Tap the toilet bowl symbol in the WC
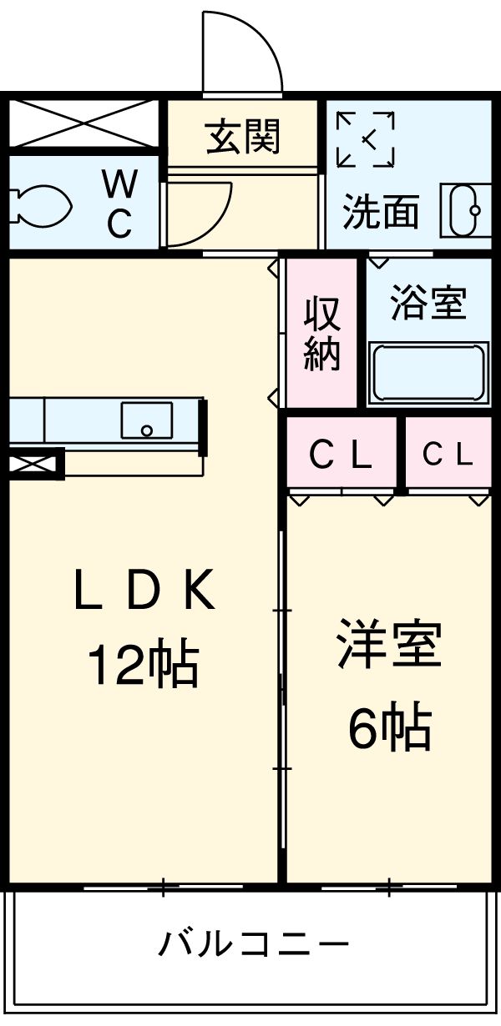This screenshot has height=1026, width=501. click(x=38, y=203)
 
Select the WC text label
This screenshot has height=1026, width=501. click(x=119, y=203)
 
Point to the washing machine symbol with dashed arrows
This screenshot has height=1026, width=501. click(x=365, y=138)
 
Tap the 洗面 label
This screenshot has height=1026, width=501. click(x=380, y=213)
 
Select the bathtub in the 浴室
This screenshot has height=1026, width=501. click(x=428, y=373)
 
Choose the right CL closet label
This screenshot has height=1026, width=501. click(x=448, y=455)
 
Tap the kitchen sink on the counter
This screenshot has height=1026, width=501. click(x=147, y=420)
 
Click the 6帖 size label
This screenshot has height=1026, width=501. click(x=389, y=727)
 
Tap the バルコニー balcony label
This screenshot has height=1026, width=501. click(x=253, y=945)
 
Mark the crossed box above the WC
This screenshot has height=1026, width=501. click(x=83, y=123)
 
